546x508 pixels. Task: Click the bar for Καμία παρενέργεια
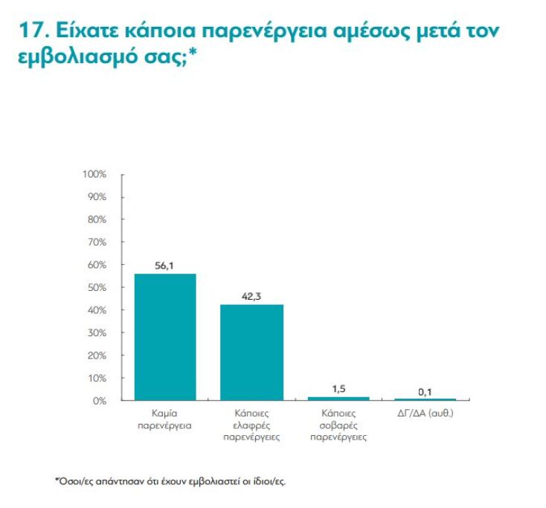(164, 337)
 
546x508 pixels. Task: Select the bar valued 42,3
(251, 353)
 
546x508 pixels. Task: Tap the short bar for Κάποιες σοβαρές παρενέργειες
(338, 399)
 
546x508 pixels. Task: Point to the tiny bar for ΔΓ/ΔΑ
(425, 400)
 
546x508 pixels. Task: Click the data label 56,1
(164, 264)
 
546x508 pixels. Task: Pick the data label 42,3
(251, 295)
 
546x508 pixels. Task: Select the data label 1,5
(338, 388)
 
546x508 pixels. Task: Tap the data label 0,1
(425, 391)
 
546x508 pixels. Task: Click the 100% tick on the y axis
(94, 174)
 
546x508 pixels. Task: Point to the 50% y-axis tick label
(97, 288)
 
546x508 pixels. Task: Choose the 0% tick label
(100, 401)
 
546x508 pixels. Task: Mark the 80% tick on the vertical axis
(97, 219)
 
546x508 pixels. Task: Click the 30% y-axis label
(97, 333)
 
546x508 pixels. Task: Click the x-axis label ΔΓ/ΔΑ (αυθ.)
(425, 413)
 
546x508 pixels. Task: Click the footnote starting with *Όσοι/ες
(170, 480)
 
